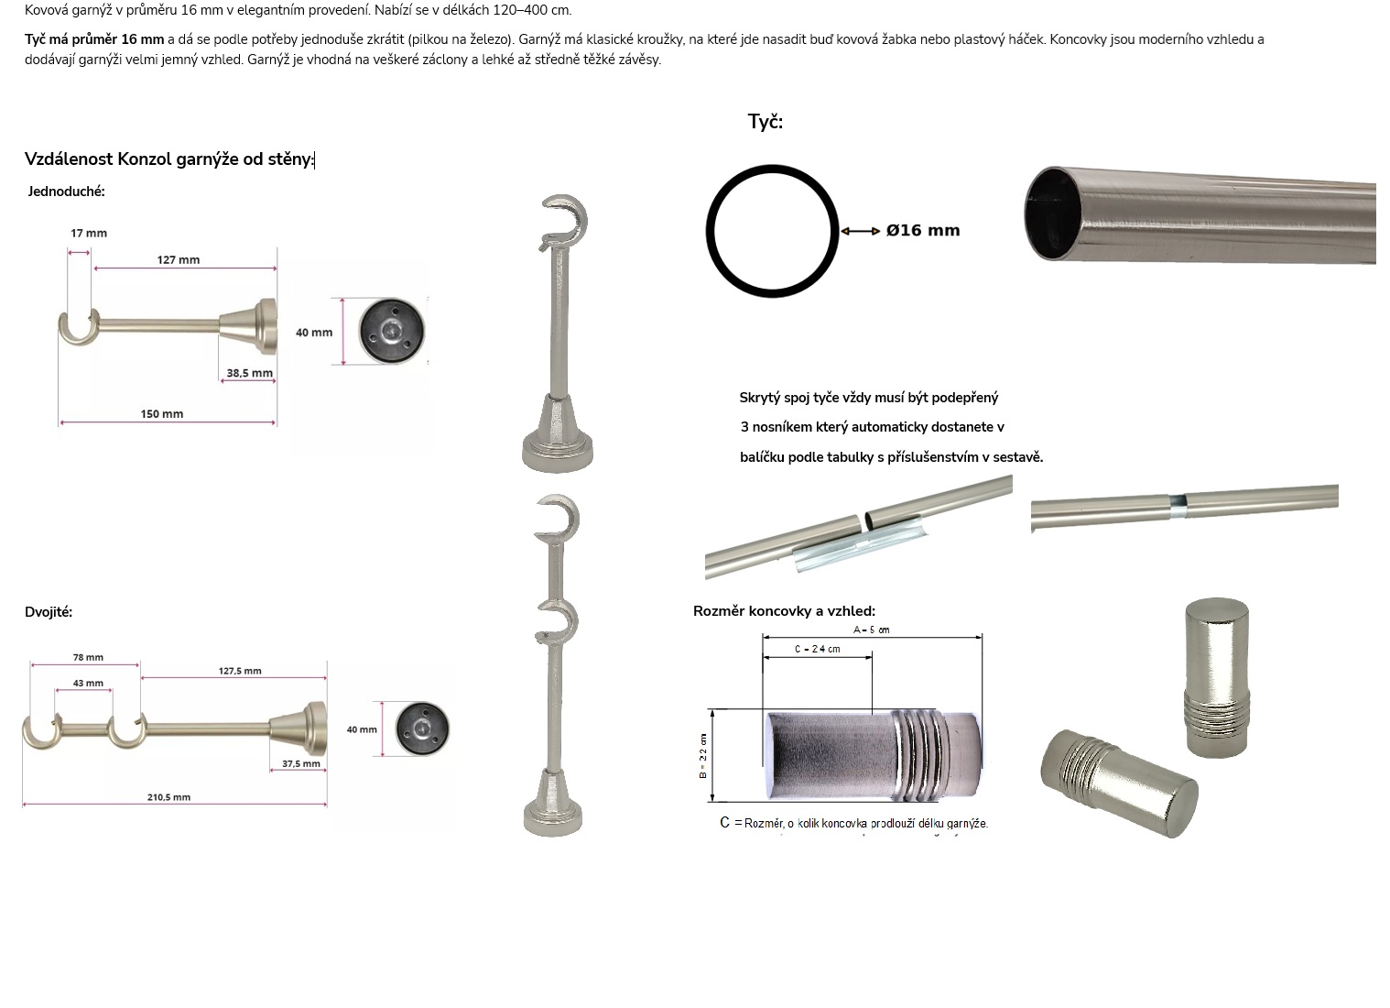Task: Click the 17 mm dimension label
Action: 89,234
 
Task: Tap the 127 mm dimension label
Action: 178,260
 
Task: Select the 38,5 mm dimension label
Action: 249,373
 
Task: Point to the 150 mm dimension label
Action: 162,414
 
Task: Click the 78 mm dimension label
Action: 88,657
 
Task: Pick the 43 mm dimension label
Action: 88,684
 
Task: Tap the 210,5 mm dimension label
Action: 168,797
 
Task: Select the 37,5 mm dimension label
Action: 301,764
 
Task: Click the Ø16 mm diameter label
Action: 923,230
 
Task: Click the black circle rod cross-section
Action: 708,231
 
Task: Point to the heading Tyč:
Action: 766,122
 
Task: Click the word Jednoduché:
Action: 67,192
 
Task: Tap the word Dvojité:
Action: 49,612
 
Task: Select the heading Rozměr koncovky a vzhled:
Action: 785,611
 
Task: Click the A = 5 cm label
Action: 871,630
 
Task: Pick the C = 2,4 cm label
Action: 818,649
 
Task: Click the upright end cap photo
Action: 1216,677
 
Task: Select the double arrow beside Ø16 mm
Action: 860,232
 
